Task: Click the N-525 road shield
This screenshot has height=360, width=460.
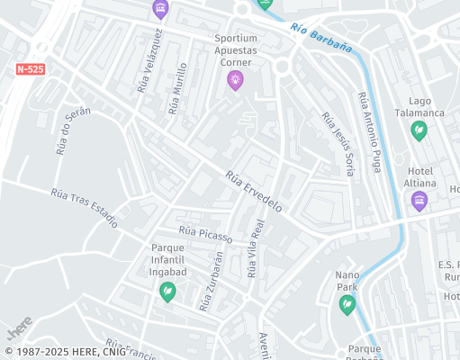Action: click(31, 68)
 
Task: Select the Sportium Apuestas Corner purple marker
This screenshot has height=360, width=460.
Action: click(236, 81)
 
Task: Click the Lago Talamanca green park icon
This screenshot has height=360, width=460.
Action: click(419, 130)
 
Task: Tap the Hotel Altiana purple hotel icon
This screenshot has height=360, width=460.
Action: click(419, 202)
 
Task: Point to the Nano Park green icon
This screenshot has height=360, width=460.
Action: click(347, 305)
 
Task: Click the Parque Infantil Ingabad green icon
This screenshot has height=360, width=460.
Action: click(167, 291)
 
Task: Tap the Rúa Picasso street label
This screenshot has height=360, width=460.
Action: click(205, 234)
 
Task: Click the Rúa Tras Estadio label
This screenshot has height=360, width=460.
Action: click(84, 207)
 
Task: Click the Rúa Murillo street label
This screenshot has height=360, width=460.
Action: click(178, 88)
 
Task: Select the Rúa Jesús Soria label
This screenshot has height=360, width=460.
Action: click(338, 142)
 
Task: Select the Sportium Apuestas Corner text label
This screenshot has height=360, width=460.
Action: click(236, 51)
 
